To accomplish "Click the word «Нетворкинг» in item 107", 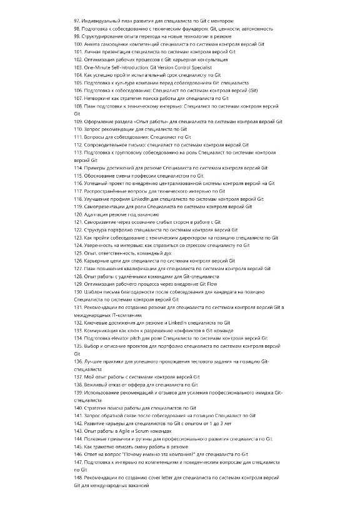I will tap(98, 98).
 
